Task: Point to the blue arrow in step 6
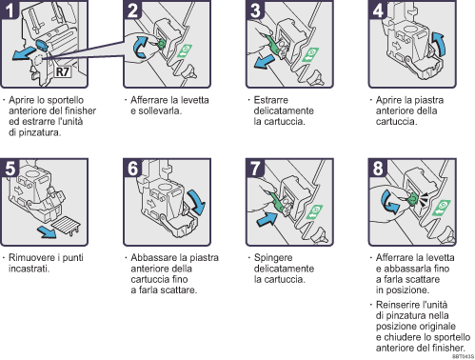pos(195,202)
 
